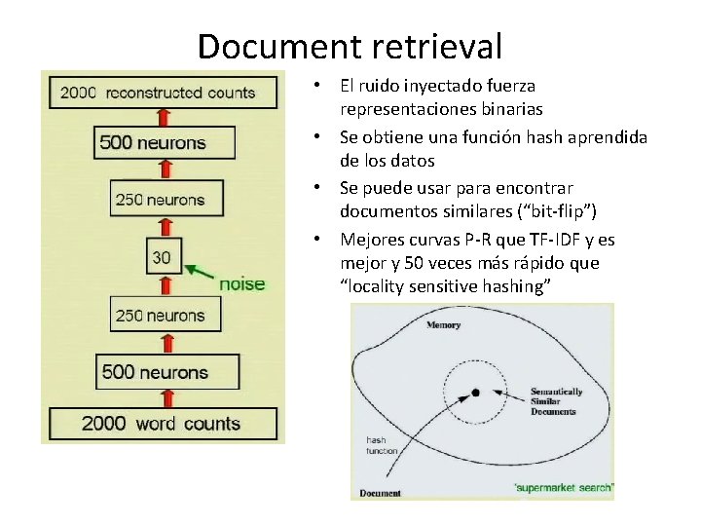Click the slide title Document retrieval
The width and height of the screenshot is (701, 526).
coord(350,45)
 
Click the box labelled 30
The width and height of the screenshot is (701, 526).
coord(163,257)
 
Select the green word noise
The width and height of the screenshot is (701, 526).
coord(241,283)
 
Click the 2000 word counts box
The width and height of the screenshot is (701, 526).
coord(162,423)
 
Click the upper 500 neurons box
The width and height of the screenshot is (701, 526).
coord(165,142)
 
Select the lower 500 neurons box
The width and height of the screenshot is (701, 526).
coord(166,371)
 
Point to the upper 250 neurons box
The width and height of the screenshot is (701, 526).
coord(162,200)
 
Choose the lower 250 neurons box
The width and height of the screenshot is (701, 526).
coord(162,315)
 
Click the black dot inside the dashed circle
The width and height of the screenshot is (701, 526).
coord(475,393)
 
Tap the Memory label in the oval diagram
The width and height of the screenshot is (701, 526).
coord(443,325)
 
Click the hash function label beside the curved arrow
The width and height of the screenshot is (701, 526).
coord(376,445)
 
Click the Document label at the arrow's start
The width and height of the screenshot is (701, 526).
coord(381,493)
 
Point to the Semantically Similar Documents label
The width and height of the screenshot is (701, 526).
coord(556,401)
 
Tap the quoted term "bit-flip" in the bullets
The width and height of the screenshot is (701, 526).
coord(560,211)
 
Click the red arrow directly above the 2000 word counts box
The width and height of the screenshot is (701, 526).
coord(164,397)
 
